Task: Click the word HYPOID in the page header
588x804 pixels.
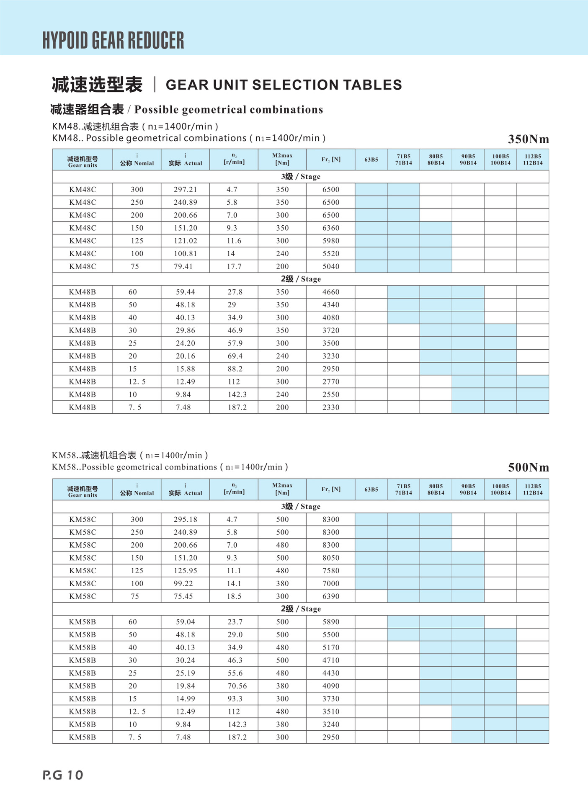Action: pos(65,40)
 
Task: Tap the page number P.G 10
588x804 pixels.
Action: pos(63,775)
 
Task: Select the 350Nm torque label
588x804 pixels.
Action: pos(528,139)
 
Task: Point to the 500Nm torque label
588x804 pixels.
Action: pos(528,467)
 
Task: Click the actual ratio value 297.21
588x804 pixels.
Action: pos(185,190)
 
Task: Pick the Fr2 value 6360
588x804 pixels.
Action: pos(331,228)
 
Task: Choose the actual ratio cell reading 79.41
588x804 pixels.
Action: pos(183,266)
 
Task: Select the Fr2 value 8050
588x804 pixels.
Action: pos(331,558)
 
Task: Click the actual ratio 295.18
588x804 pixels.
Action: pos(185,519)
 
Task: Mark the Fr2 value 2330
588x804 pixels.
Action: pos(331,407)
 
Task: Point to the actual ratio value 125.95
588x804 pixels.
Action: pos(185,571)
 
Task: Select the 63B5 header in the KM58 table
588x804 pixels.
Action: pos(371,490)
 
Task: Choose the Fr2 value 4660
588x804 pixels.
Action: pos(331,292)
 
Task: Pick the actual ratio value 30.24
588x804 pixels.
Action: pos(185,660)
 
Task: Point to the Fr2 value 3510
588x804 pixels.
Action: pos(331,711)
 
